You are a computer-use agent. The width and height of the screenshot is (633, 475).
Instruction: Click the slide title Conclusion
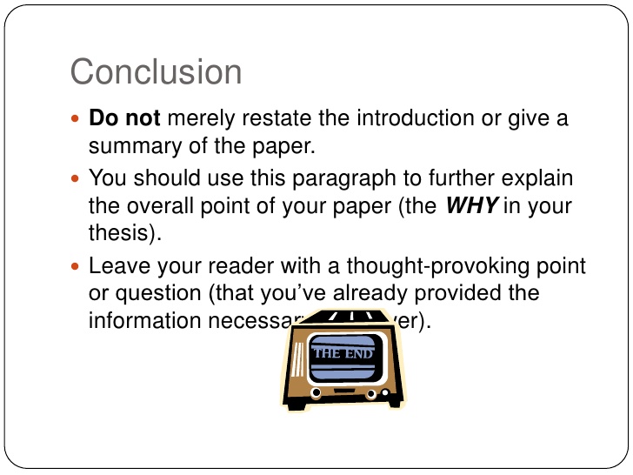[x=156, y=71]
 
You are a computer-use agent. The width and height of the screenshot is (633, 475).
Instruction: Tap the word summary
[x=131, y=144]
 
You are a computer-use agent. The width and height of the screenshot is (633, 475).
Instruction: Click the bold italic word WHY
[x=470, y=206]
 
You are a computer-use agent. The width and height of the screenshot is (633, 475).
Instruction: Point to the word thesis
[x=117, y=232]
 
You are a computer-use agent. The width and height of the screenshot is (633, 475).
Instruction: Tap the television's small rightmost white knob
[x=383, y=392]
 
